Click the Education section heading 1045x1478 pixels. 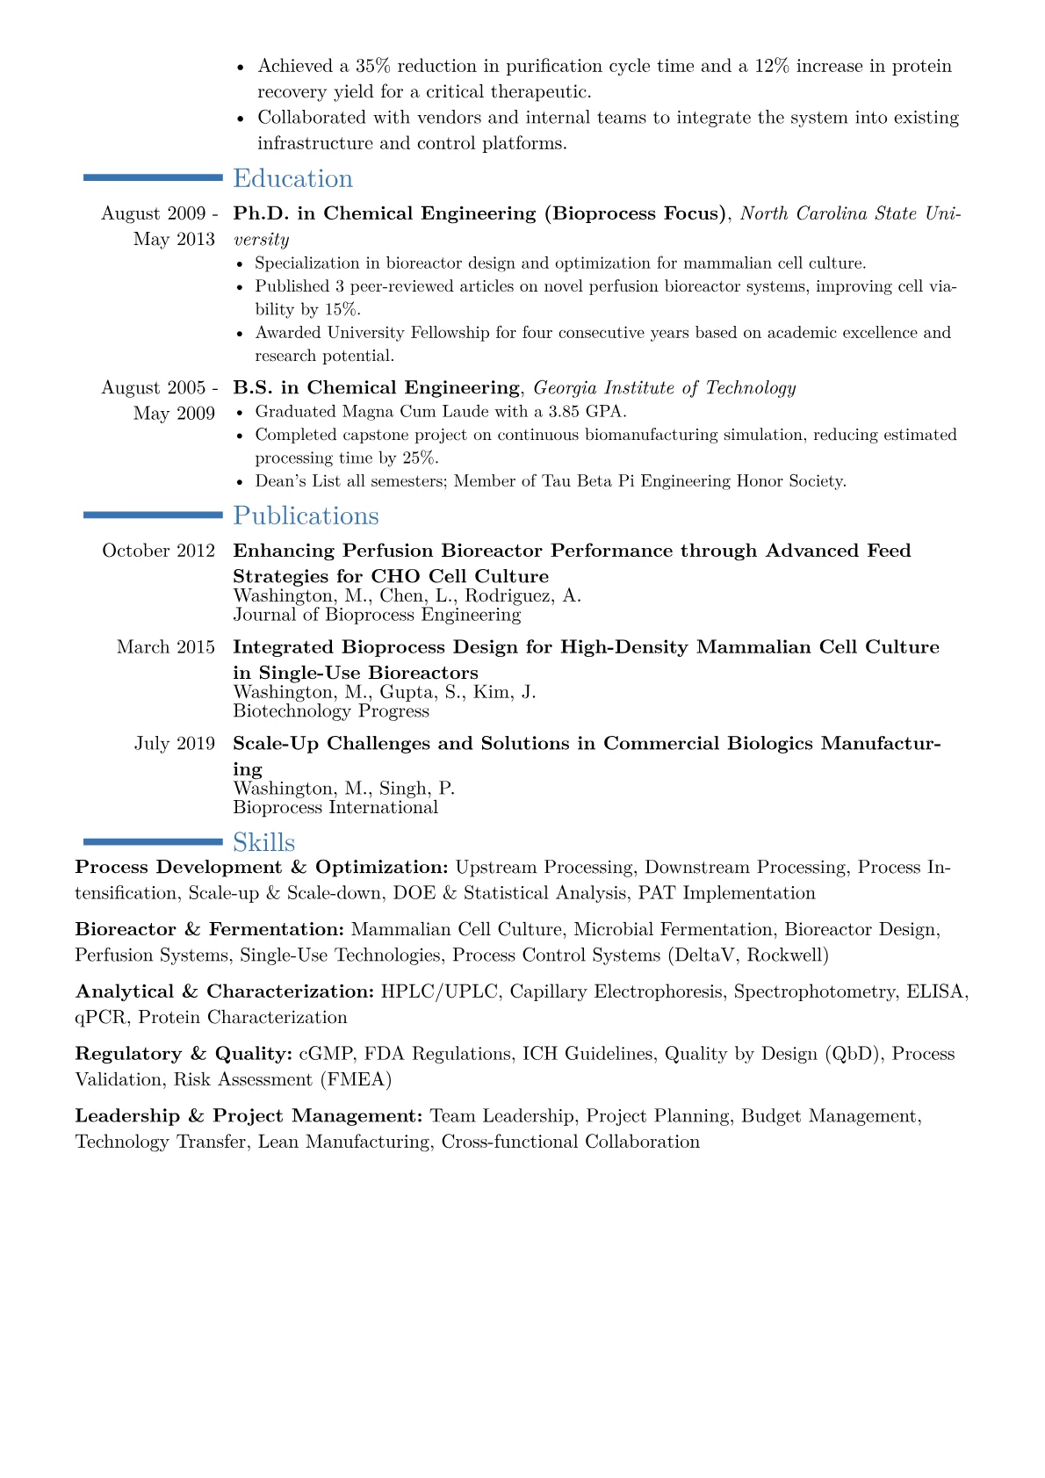click(292, 178)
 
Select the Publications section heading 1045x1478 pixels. click(306, 515)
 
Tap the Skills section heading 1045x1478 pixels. click(263, 842)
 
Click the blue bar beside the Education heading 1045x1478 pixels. click(153, 177)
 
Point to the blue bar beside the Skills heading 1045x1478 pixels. click(153, 841)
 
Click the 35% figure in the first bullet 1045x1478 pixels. click(372, 66)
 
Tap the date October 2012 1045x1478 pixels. click(158, 551)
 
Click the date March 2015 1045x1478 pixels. click(165, 647)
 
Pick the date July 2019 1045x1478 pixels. click(174, 744)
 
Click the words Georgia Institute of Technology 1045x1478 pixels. click(665, 387)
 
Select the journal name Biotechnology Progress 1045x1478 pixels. click(331, 710)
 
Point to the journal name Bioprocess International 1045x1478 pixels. click(335, 807)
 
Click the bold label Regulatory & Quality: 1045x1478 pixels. click(184, 1053)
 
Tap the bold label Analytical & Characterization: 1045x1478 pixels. click(225, 991)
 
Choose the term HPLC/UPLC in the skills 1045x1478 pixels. click(439, 991)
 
